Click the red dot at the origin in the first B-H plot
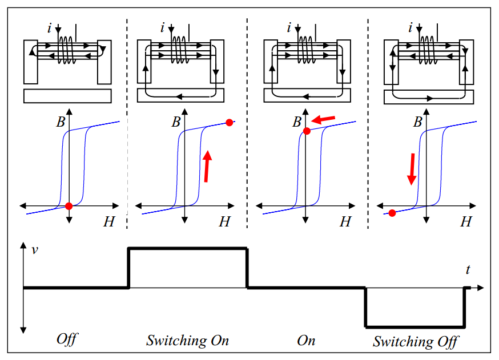[69, 206]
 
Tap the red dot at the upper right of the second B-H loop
[230, 122]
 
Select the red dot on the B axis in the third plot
[307, 131]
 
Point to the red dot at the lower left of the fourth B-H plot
[392, 213]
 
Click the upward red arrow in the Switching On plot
[208, 166]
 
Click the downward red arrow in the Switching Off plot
[411, 169]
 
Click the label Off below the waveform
[66, 340]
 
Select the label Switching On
[187, 341]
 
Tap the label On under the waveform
[306, 341]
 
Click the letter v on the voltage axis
[35, 249]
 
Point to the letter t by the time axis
[468, 270]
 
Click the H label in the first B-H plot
[108, 223]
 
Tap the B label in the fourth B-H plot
[418, 122]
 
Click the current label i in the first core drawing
[51, 27]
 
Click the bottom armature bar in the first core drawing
[67, 96]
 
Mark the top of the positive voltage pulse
[187, 248]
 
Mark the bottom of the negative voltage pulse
[414, 327]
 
